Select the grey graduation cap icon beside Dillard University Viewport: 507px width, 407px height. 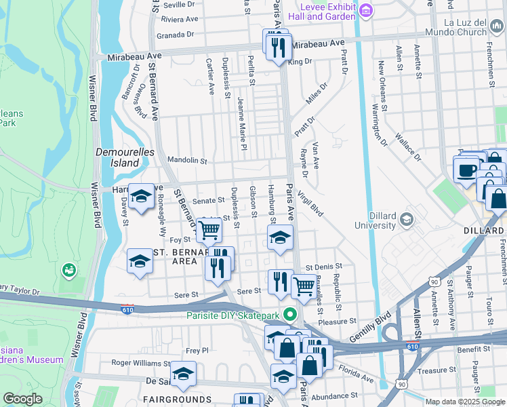coord(406,218)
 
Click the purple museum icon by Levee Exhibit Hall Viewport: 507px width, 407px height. coord(365,9)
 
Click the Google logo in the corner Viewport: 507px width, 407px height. coord(22,399)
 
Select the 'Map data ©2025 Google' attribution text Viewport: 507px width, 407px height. coord(465,402)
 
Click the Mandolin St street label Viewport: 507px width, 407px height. coord(188,161)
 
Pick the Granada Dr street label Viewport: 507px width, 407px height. coord(175,34)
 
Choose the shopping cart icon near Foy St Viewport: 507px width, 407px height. coord(209,231)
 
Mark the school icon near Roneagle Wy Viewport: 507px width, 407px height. coord(140,197)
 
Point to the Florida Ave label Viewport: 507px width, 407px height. coord(357,372)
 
